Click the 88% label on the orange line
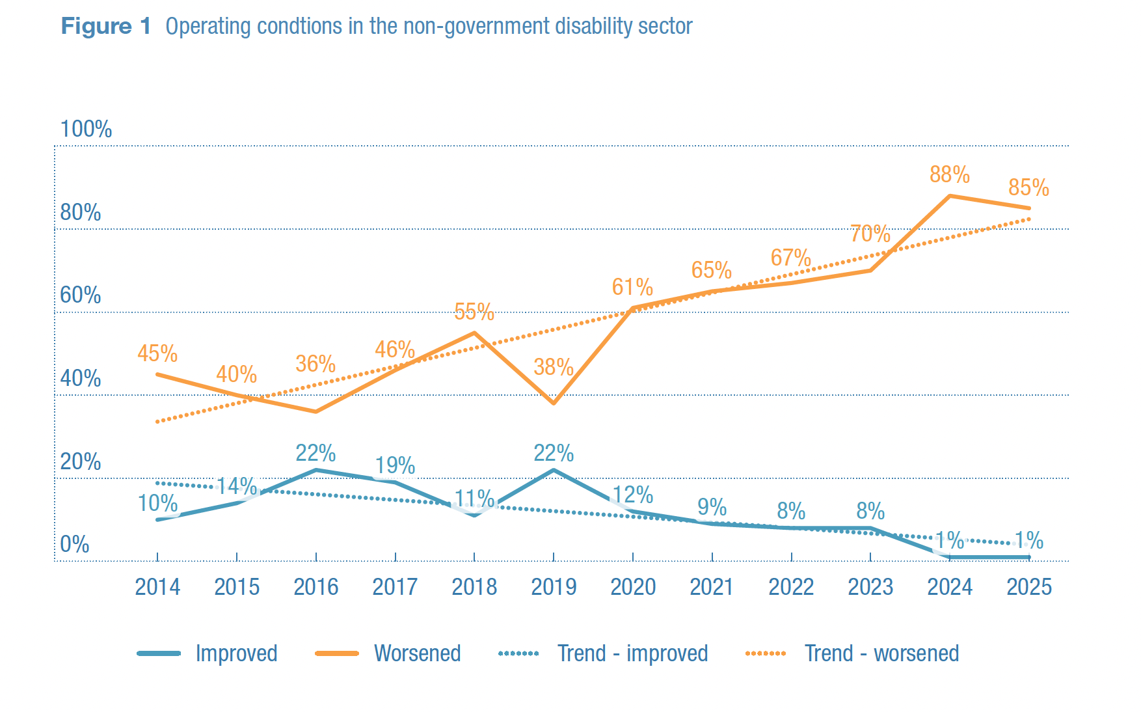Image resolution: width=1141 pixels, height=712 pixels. pos(949,174)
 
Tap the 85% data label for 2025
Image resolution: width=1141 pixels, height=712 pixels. pos(1028,188)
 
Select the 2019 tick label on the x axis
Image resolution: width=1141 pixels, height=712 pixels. pos(554,587)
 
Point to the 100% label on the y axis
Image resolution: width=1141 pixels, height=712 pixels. pos(86,129)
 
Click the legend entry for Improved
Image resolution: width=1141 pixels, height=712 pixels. pos(235,653)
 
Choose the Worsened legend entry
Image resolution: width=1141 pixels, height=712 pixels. pos(417,653)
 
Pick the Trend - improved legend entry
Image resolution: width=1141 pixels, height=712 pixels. pos(632,653)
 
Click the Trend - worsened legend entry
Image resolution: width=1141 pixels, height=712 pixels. pos(881,653)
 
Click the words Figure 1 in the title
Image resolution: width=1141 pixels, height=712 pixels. pos(105,27)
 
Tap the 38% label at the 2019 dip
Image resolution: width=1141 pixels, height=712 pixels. pos(554,367)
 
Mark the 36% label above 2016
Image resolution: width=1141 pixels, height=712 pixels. pos(315,364)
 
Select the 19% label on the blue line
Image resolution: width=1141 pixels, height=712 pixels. pos(395,465)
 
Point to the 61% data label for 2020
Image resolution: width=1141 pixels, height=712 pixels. pos(632,287)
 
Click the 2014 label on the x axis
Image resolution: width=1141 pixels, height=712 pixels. pos(157,587)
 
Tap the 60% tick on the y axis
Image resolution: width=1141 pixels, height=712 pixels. pos(81,295)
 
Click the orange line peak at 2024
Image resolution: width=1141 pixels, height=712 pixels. pos(950,196)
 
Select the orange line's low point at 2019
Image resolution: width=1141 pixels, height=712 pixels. pos(554,403)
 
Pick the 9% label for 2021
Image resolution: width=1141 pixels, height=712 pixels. pos(712,507)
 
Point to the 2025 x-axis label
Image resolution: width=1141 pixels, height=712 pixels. pos(1029,587)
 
